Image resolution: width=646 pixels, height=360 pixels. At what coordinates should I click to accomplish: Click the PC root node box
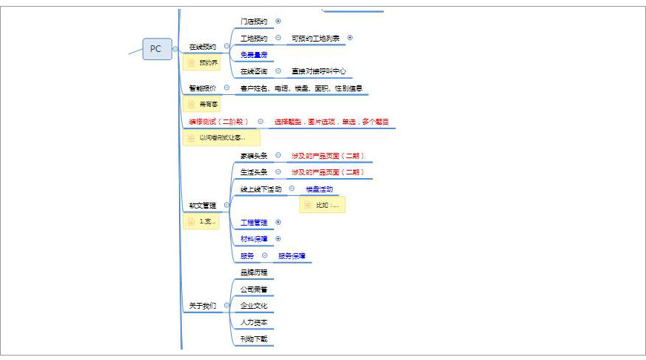tap(156, 49)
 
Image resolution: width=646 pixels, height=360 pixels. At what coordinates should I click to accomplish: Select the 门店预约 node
tap(254, 21)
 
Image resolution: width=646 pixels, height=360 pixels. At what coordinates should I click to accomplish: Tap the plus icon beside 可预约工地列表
tap(350, 38)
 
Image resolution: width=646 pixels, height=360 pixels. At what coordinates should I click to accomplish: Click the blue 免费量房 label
tap(254, 55)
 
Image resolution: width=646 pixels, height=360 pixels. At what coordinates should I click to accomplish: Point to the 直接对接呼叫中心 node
tap(319, 71)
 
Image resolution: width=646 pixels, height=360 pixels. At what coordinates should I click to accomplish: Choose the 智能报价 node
tap(203, 88)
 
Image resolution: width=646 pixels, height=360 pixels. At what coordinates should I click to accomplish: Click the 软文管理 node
tap(202, 205)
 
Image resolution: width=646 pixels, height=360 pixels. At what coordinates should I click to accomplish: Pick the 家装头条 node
tap(254, 156)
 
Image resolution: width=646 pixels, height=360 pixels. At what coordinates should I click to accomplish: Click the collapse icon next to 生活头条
tap(278, 172)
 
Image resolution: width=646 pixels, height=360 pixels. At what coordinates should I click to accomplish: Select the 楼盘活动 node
tap(319, 189)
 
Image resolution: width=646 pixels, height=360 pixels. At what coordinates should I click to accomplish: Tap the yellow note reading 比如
tap(323, 205)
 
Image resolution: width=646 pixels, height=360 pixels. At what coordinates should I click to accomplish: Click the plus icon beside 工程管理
tap(278, 222)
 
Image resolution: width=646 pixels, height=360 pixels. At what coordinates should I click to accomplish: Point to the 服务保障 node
tap(292, 256)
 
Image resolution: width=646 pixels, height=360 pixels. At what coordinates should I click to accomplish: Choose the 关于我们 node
tap(202, 306)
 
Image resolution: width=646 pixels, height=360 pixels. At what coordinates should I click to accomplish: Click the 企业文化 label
tap(254, 306)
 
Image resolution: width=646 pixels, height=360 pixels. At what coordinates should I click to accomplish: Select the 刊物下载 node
tap(254, 339)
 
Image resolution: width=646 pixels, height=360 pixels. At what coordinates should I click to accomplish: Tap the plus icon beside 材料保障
tap(278, 239)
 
